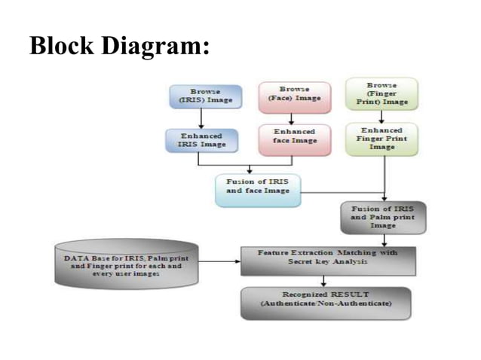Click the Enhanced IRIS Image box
point(200,140)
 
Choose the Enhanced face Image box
point(294,139)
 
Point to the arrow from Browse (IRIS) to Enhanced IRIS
point(201,118)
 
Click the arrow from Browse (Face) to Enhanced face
point(294,117)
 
